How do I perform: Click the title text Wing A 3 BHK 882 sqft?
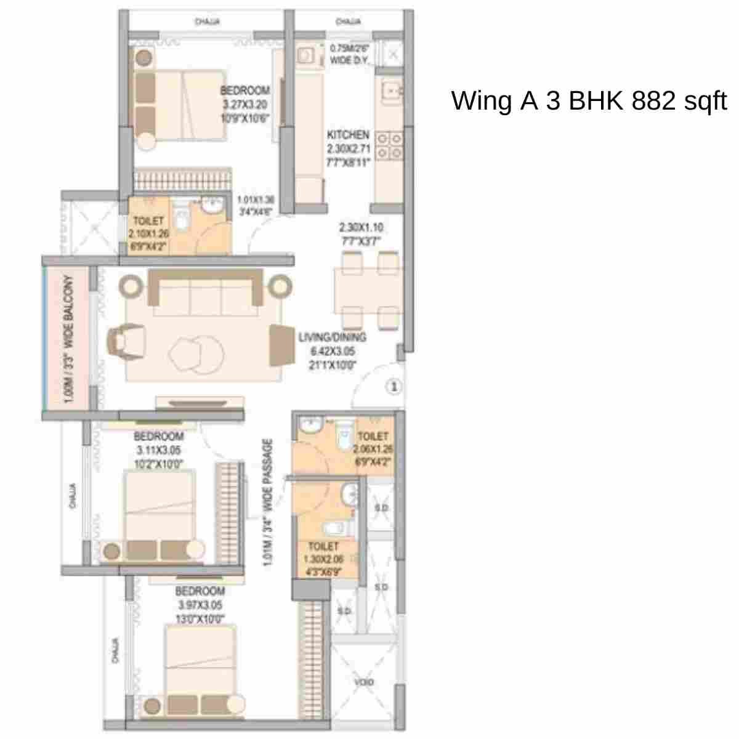tap(589, 100)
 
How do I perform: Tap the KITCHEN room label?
tap(348, 135)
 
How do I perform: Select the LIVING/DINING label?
tap(333, 337)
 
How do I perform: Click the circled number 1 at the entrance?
tap(394, 387)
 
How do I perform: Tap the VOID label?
tap(363, 682)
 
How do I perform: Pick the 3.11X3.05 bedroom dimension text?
tap(159, 450)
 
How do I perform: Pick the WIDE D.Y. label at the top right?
tap(349, 60)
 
